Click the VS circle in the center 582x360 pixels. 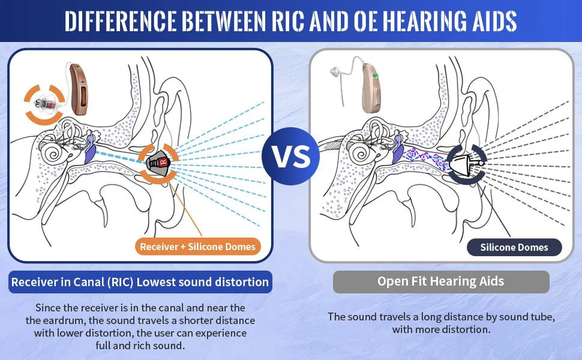tap(290, 156)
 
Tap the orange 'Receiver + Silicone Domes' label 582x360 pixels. tap(197, 247)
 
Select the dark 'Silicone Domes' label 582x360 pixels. tap(514, 247)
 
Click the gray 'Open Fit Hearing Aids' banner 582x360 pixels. tap(441, 281)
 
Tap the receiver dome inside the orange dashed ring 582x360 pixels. tap(159, 162)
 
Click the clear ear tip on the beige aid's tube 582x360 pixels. tap(333, 74)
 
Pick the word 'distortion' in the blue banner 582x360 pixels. tap(240, 281)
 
